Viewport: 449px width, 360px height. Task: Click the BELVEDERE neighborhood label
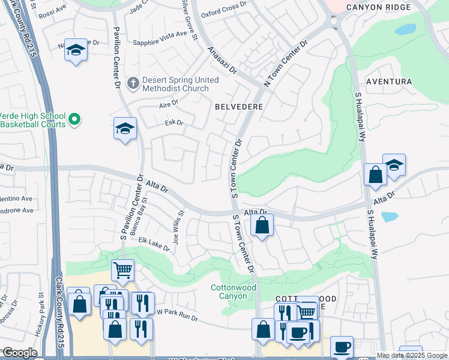238,106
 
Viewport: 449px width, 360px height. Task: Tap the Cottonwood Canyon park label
234,292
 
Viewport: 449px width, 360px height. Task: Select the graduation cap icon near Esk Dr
125,128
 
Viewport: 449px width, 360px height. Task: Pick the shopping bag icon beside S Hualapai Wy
375,175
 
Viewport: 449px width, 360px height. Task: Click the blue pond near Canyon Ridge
406,29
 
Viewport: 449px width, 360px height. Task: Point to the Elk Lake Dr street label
154,244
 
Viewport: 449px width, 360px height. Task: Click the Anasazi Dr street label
222,60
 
